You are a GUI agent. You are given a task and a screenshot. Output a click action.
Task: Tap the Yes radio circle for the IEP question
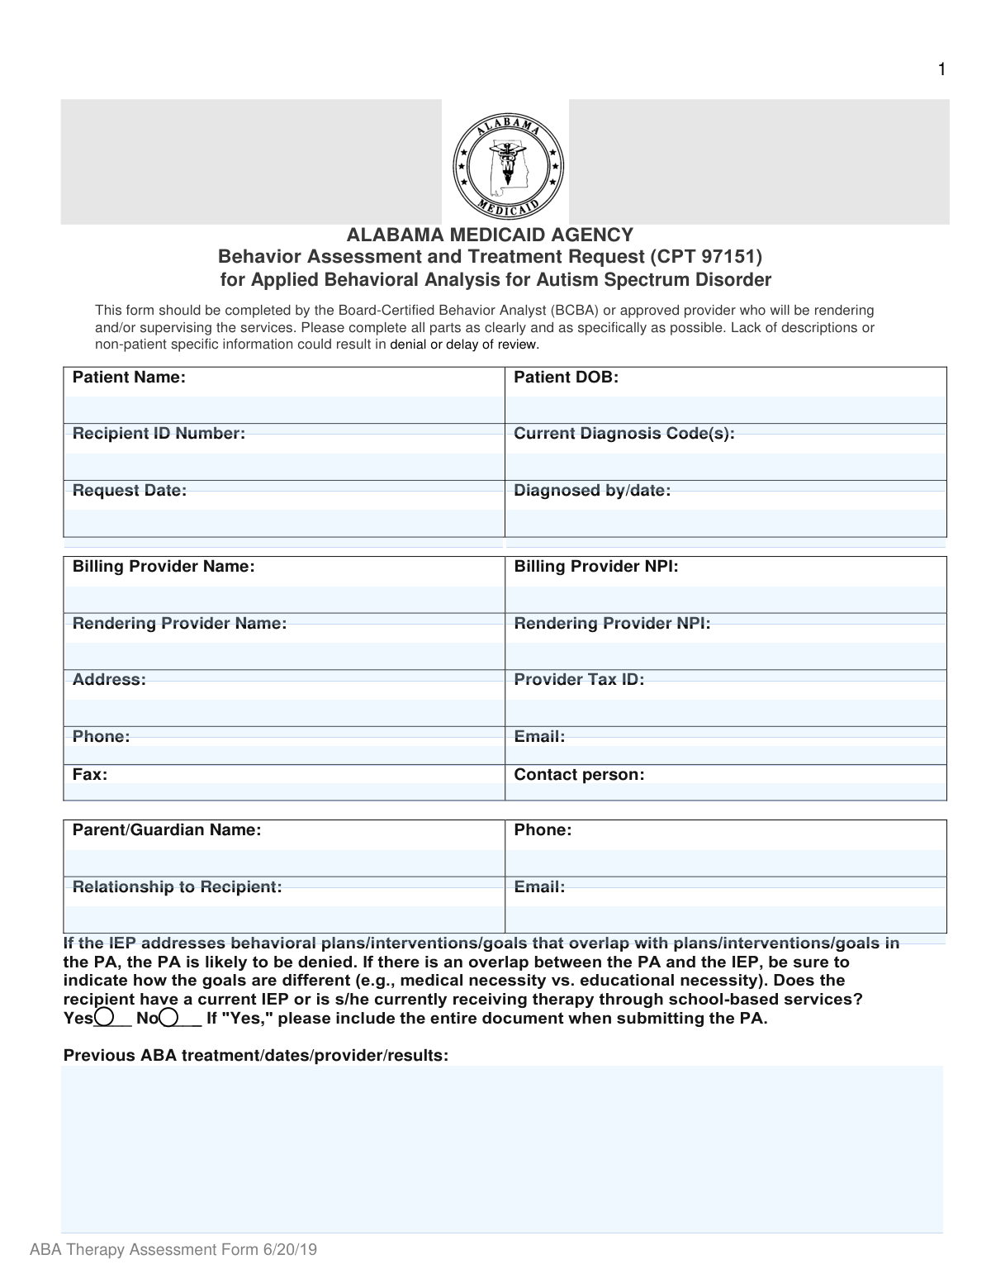pos(105,1017)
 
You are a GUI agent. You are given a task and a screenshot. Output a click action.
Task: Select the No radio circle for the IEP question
pos(169,1017)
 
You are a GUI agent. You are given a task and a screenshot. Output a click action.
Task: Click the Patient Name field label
pos(129,378)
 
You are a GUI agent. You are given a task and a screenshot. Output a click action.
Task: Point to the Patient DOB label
pos(566,378)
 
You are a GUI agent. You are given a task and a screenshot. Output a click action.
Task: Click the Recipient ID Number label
pos(159,434)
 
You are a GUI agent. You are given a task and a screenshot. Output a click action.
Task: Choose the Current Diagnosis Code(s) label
pos(624,434)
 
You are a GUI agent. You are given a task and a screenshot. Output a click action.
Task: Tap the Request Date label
pos(130,491)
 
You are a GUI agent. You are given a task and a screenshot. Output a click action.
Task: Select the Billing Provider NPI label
pos(595,567)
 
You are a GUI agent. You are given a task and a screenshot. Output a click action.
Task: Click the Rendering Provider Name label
pos(179,624)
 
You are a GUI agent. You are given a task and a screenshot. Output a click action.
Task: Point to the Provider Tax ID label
pos(579,680)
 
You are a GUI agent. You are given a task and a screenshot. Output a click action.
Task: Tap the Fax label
pos(90,775)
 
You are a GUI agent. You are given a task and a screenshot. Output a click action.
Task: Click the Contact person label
pos(579,775)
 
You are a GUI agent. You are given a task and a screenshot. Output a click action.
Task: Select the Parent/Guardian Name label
pos(167,830)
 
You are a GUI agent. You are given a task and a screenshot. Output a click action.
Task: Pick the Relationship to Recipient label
pos(177,887)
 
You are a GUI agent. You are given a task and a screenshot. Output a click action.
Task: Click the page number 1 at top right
pos(941,70)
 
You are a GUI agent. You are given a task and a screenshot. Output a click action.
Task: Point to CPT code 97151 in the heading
pos(723,257)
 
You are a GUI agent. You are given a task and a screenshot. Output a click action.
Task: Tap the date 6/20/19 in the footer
pos(291,1250)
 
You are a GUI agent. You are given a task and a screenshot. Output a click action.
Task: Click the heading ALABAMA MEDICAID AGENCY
pos(490,235)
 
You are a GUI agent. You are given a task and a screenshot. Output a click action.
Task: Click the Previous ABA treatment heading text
pos(256,1056)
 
